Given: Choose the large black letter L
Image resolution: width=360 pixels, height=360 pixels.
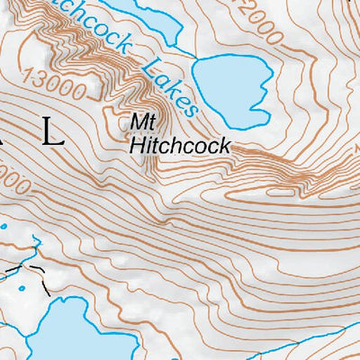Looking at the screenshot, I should pos(54,137).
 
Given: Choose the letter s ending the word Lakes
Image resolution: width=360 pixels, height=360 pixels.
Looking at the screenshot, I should pos(191,111).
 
